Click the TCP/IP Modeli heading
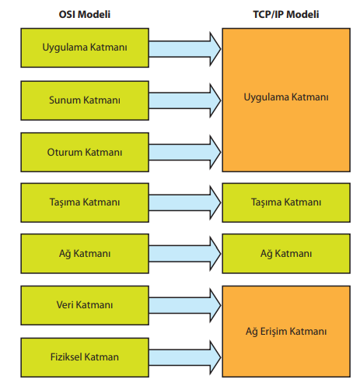(x=287, y=13)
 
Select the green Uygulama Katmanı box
(x=84, y=48)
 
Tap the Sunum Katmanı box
(x=84, y=100)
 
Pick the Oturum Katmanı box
(x=84, y=151)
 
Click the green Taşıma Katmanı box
(x=84, y=202)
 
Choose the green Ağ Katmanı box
(x=84, y=254)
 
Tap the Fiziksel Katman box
(x=84, y=357)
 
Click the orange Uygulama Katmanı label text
(x=286, y=97)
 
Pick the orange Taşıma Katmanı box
(x=286, y=202)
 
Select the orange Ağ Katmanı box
(x=286, y=254)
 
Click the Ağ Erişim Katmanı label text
(x=286, y=330)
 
